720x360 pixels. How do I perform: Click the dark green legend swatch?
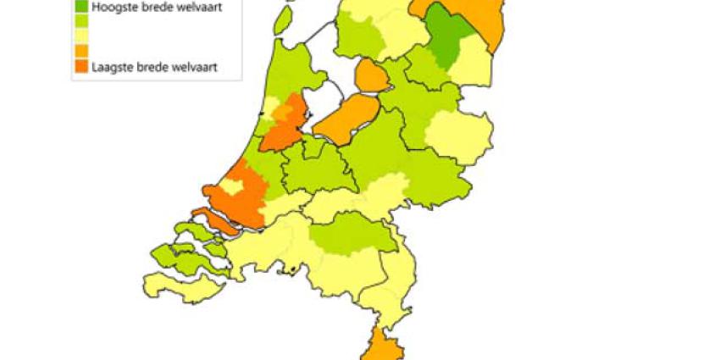click(81, 7)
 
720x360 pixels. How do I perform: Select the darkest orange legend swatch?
click(81, 66)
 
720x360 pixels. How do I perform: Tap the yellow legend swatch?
click(81, 36)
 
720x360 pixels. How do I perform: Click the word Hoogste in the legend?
click(112, 8)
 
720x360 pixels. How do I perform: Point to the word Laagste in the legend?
click(112, 66)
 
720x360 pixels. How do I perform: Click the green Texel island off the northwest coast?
click(284, 19)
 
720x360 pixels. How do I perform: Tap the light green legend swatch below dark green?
click(81, 21)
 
